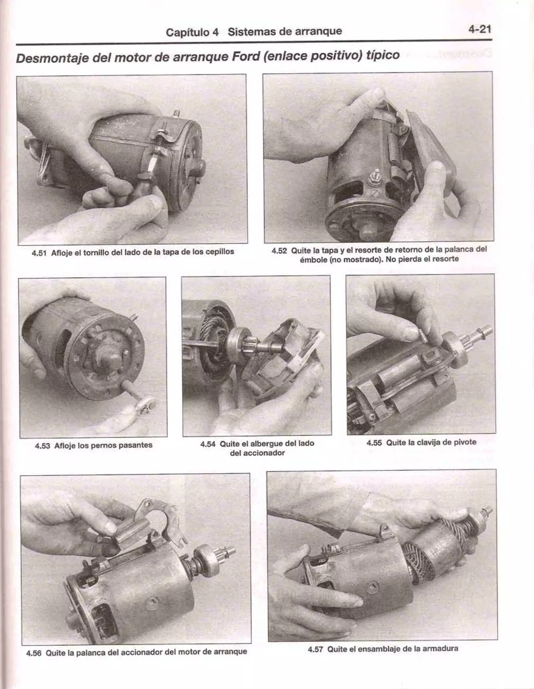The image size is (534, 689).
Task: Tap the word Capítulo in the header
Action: (x=192, y=32)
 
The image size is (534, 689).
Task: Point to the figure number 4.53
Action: (x=43, y=446)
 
